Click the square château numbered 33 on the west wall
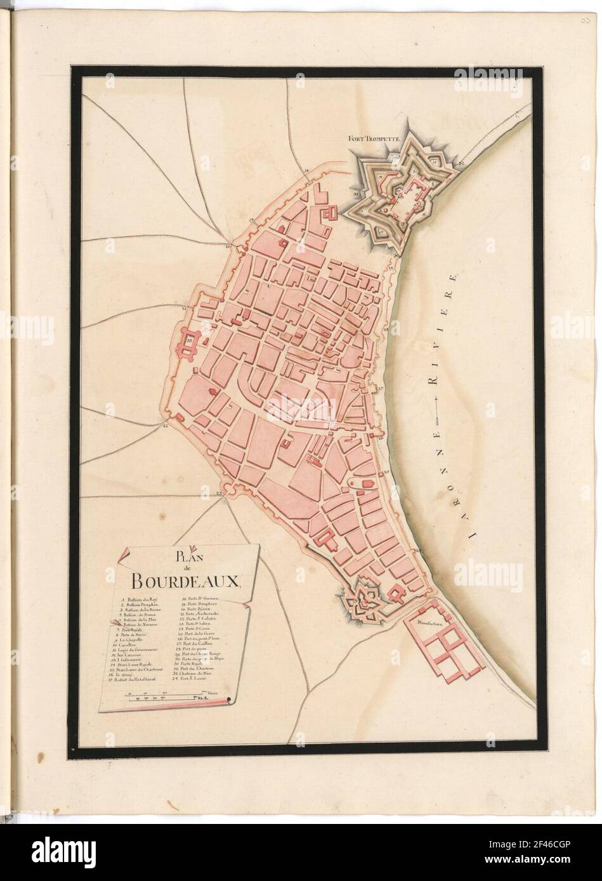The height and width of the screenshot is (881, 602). click(190, 341)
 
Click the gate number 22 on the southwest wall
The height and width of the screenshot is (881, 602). click(165, 427)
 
